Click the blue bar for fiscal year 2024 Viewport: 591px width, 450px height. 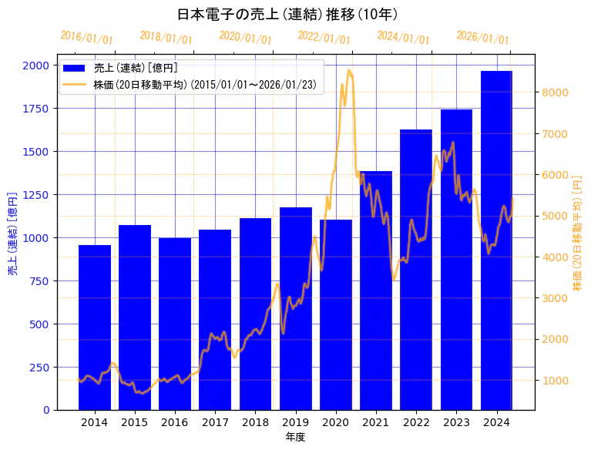click(x=496, y=240)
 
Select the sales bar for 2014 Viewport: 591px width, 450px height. click(x=95, y=327)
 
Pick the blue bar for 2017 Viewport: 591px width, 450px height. click(x=215, y=319)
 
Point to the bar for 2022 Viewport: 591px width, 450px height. click(x=416, y=269)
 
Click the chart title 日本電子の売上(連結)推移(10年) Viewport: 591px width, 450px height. click(x=287, y=15)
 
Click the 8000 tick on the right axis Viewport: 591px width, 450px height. click(x=556, y=92)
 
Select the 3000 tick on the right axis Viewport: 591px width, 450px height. click(x=556, y=298)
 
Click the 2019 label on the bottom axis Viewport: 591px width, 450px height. click(x=296, y=422)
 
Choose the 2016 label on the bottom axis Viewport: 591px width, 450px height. click(x=175, y=422)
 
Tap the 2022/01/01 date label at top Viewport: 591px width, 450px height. click(x=324, y=37)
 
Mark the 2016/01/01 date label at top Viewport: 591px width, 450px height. click(x=86, y=37)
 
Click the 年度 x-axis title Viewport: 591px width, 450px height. click(x=295, y=437)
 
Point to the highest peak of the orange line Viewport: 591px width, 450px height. click(x=349, y=70)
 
